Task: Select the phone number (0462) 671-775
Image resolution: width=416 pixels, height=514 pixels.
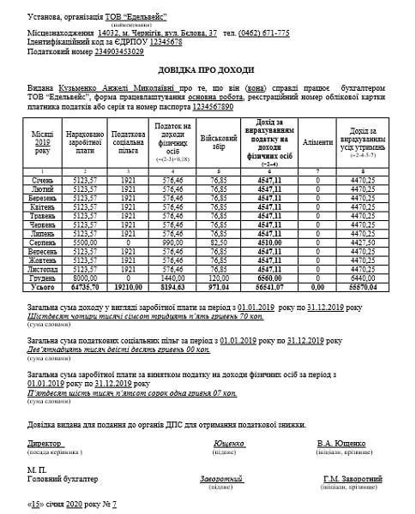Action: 258,33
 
